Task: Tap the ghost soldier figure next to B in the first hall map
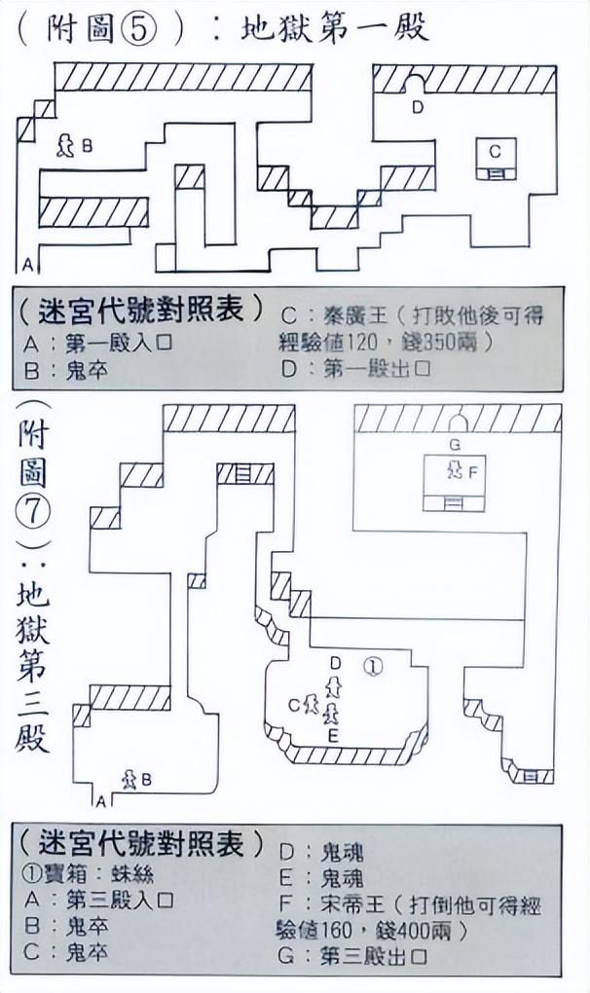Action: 66,146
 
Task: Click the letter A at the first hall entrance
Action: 28,264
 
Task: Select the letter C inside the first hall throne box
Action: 496,151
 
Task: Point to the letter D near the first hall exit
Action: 418,107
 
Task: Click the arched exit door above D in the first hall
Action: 417,84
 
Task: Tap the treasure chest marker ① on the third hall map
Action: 373,666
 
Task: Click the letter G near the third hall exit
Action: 455,444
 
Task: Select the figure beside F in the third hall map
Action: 453,471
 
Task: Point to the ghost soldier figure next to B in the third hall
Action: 128,779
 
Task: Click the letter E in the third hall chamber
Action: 333,735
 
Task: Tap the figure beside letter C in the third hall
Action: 312,704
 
